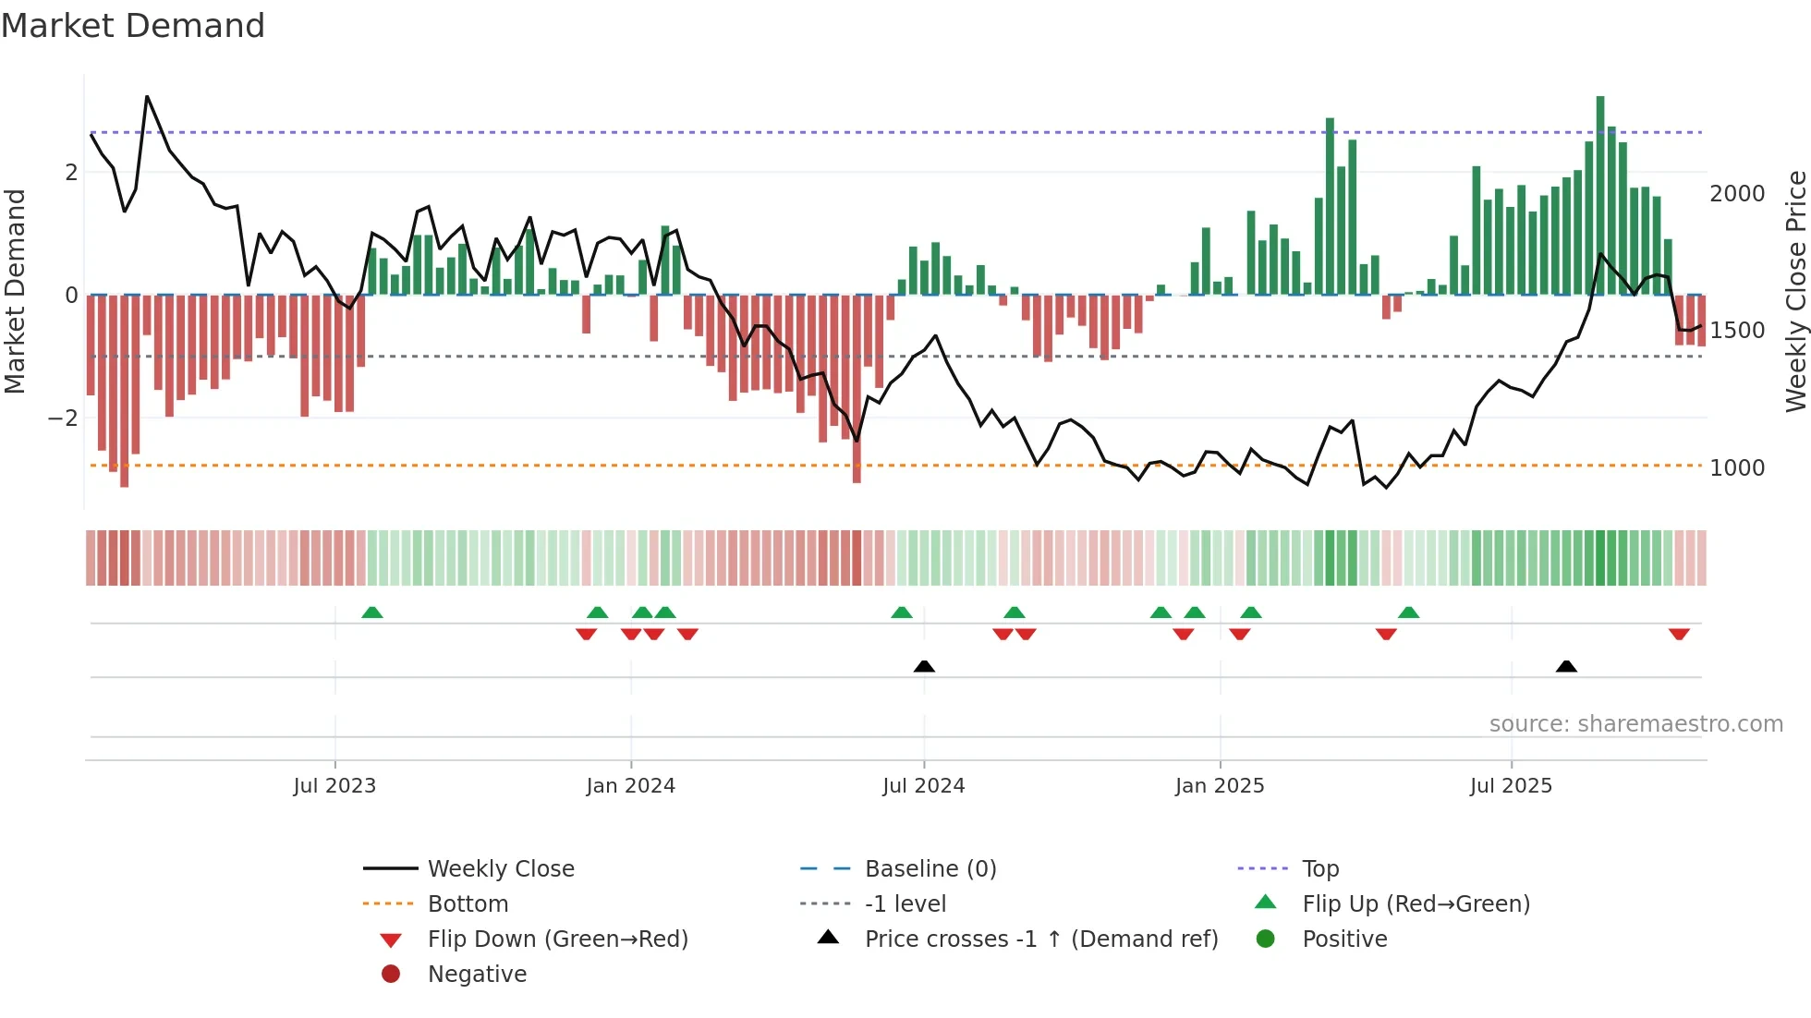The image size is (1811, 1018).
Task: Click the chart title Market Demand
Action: pyautogui.click(x=133, y=26)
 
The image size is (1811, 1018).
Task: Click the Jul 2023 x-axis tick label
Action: pyautogui.click(x=334, y=785)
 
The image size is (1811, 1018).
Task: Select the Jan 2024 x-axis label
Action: pyautogui.click(x=630, y=785)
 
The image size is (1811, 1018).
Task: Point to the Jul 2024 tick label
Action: pyautogui.click(x=923, y=785)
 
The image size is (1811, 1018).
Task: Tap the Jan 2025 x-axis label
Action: pyautogui.click(x=1220, y=785)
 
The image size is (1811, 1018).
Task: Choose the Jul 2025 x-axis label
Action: pyautogui.click(x=1511, y=785)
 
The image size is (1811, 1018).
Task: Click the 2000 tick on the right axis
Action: pyautogui.click(x=1737, y=194)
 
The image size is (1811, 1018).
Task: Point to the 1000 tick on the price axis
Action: pyautogui.click(x=1737, y=468)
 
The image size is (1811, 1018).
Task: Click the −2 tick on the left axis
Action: pyautogui.click(x=63, y=418)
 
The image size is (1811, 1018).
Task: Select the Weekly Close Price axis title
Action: pyautogui.click(x=1795, y=291)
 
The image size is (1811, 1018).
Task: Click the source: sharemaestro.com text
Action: pyautogui.click(x=1635, y=724)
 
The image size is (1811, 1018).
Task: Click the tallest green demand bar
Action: pyautogui.click(x=1600, y=194)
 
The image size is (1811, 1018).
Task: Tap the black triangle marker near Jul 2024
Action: pyautogui.click(x=924, y=666)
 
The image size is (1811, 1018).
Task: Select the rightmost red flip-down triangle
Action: pyautogui.click(x=1679, y=634)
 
